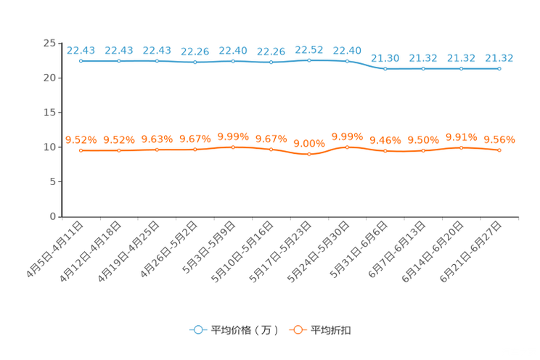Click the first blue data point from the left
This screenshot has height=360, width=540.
[81, 61]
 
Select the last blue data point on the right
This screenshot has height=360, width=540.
[499, 68]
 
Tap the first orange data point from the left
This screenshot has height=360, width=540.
[81, 150]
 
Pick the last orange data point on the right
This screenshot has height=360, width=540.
[499, 150]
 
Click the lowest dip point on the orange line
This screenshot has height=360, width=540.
[309, 155]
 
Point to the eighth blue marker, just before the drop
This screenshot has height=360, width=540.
[347, 61]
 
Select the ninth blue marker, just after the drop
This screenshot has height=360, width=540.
[385, 69]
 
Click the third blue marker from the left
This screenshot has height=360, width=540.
[157, 61]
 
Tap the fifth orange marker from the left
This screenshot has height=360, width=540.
[233, 147]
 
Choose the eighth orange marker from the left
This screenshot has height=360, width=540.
[347, 147]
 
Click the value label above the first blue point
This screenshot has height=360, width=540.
[81, 50]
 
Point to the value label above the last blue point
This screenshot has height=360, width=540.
[499, 57]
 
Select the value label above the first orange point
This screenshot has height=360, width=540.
[81, 139]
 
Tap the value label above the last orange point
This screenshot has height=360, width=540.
[499, 139]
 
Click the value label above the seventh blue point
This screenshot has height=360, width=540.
[309, 49]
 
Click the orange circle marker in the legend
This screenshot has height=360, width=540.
[297, 330]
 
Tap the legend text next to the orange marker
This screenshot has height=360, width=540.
[331, 330]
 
